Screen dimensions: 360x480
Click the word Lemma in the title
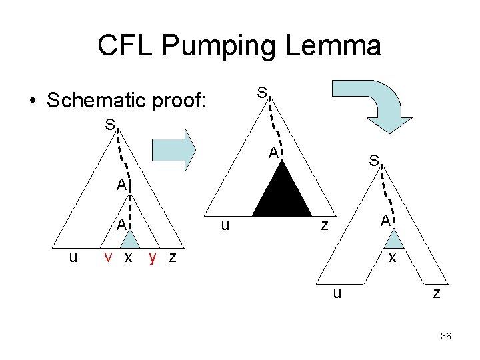[341, 45]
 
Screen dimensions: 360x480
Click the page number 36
[446, 337]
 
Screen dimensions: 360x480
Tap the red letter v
[107, 257]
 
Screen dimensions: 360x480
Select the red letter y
[153, 257]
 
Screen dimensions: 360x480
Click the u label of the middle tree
[225, 225]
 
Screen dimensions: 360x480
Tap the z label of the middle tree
[325, 225]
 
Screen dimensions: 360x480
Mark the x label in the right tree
[393, 257]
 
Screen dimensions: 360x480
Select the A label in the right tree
[385, 221]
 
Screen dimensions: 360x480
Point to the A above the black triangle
[273, 153]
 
